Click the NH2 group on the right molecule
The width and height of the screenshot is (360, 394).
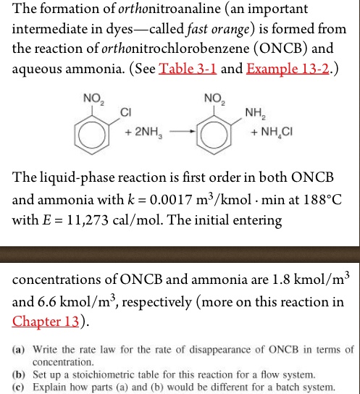coord(254,113)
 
